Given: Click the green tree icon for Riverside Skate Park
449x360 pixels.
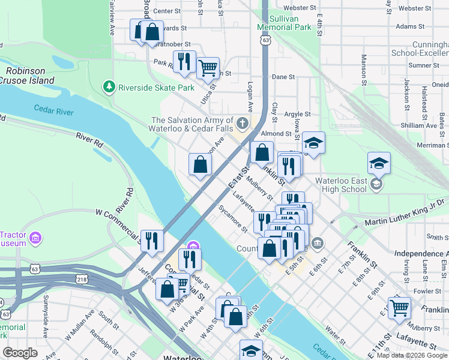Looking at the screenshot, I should (x=109, y=87).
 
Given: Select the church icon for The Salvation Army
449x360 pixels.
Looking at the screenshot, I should (x=242, y=124).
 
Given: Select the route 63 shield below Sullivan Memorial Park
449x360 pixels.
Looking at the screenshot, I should (x=265, y=40).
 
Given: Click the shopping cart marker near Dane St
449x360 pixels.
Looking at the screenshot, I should (x=208, y=68).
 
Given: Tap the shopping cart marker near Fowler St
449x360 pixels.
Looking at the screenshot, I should (x=399, y=308).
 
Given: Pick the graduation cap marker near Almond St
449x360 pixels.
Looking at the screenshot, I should (x=313, y=143).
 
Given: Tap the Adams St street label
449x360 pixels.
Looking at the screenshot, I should (x=410, y=26).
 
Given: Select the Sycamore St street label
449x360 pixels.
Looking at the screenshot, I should (x=232, y=218).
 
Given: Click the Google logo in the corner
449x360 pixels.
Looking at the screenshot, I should (x=20, y=352).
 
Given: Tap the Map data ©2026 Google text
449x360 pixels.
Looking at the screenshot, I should (x=411, y=355).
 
